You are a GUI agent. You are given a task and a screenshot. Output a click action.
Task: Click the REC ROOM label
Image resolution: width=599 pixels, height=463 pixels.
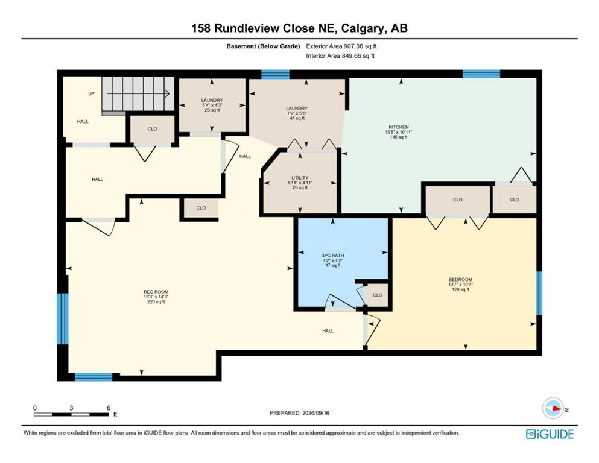pos(156,292)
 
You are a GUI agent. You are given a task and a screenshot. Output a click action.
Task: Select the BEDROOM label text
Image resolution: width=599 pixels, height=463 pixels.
pos(461,279)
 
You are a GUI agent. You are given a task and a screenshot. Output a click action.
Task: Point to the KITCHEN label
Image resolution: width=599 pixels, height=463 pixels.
pos(399,127)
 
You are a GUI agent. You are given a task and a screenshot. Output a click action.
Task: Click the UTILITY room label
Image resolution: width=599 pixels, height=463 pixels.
pos(300,178)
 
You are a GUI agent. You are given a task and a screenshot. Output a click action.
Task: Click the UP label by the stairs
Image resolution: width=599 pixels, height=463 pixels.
pos(91,93)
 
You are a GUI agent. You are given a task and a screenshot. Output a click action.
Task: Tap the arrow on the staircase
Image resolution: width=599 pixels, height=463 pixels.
pos(138,93)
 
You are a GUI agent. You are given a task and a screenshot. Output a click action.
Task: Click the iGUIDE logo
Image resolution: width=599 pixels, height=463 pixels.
pos(550,435)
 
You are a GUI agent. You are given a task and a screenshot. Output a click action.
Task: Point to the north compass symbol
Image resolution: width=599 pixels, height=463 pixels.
pos(553,408)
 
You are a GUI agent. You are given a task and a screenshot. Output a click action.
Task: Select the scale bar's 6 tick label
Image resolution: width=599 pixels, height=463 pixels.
pos(109,408)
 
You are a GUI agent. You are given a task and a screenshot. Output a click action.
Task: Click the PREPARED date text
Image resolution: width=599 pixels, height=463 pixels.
pos(299,412)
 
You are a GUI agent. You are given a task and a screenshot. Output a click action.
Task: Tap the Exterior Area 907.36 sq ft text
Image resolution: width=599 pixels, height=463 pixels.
pos(341,46)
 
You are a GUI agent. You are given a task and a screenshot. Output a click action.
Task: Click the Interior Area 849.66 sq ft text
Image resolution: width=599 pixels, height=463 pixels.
pos(340,55)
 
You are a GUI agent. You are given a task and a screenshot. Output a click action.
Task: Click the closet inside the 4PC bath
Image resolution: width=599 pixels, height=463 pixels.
pos(378,295)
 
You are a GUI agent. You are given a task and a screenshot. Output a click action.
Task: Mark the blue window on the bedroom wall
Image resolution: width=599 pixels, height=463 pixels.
pos(539,293)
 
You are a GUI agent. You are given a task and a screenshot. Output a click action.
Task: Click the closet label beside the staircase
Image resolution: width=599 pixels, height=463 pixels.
pos(153,129)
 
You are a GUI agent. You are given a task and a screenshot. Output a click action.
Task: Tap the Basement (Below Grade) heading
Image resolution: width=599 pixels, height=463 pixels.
pos(263,46)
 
